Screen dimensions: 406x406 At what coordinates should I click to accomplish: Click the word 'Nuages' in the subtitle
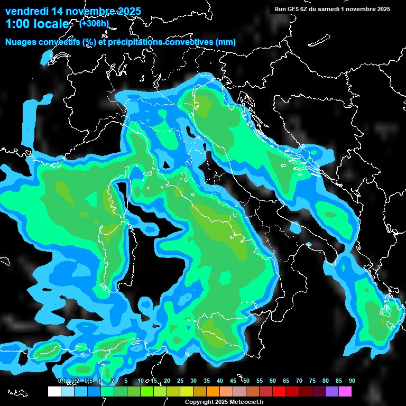21,42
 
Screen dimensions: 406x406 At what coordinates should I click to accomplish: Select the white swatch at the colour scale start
54,392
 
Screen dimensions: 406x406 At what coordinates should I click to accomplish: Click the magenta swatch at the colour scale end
345,392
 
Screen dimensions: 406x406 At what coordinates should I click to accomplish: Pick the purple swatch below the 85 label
332,392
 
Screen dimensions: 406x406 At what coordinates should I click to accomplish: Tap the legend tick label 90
352,381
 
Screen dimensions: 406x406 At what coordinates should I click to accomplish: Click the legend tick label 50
246,381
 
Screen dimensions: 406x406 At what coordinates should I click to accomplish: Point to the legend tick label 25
180,381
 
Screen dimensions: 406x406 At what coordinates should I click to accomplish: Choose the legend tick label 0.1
61,381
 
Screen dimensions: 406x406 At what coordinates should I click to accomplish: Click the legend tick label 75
312,381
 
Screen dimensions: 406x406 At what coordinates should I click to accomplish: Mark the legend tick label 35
207,381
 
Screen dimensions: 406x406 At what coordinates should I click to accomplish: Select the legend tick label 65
286,381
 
